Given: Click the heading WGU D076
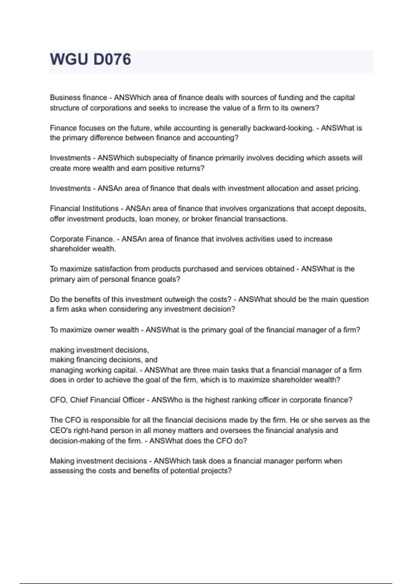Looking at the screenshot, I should tap(91, 59).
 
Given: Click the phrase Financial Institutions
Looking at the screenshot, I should tap(84, 209).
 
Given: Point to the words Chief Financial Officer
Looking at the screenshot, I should tap(107, 400).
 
